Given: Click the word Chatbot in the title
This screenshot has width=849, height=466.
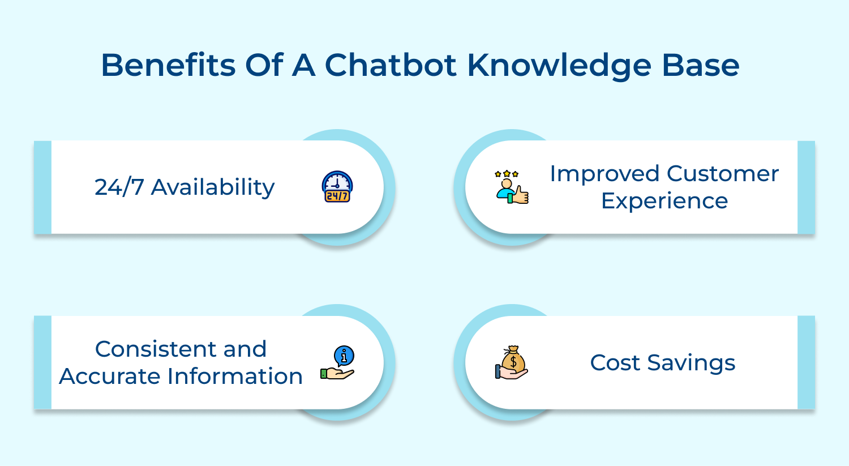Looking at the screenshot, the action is click(391, 65).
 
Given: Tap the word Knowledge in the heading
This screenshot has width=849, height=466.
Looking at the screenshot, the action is click(559, 66).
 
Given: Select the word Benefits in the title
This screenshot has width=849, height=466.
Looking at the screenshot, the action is click(168, 65).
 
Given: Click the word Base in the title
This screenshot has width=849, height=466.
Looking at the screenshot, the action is click(701, 65).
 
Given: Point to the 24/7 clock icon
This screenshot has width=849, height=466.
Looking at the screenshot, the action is click(337, 186).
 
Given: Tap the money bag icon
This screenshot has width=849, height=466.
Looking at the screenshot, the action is click(512, 362).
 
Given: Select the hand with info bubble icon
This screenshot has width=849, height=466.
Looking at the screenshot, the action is click(337, 362).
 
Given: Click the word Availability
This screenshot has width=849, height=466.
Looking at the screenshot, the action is click(213, 187).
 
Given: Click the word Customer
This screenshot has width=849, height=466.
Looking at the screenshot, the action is click(723, 174).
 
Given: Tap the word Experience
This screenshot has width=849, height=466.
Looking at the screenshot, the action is click(664, 202).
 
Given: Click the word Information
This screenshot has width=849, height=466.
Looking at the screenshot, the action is click(235, 376).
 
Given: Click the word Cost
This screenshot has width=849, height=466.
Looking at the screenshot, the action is click(615, 363).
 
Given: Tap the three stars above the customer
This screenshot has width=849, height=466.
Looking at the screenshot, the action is click(507, 174).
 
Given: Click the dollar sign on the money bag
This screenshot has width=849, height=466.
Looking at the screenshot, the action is click(513, 362).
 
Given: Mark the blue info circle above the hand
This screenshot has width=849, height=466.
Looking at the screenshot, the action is click(344, 356).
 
